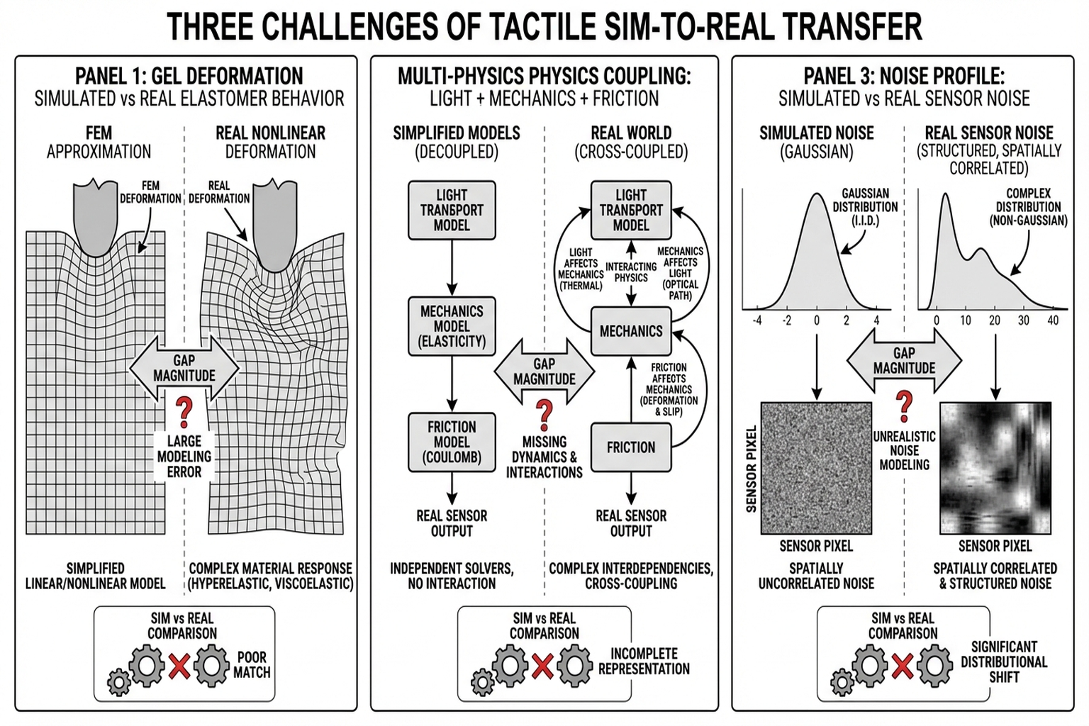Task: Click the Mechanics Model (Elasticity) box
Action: click(452, 326)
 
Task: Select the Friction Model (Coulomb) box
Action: click(452, 442)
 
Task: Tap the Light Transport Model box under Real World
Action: click(630, 210)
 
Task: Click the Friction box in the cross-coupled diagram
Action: click(630, 447)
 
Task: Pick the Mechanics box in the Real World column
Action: click(630, 331)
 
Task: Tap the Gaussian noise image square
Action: click(816, 468)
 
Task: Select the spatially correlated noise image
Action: click(995, 468)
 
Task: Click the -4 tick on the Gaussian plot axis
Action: click(757, 320)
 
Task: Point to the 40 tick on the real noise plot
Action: click(1053, 320)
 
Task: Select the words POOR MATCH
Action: click(252, 665)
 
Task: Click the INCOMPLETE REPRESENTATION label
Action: click(644, 661)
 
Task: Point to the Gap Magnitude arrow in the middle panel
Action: click(544, 372)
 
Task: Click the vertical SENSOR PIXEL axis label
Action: click(752, 468)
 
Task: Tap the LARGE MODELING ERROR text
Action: click(184, 457)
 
